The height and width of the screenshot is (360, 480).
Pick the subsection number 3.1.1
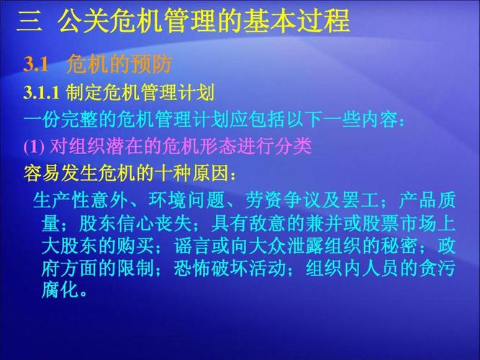[43, 94]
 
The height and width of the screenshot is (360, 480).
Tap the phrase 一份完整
[62, 120]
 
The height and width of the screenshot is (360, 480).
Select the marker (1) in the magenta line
[34, 147]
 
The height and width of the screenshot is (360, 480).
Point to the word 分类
[293, 147]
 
